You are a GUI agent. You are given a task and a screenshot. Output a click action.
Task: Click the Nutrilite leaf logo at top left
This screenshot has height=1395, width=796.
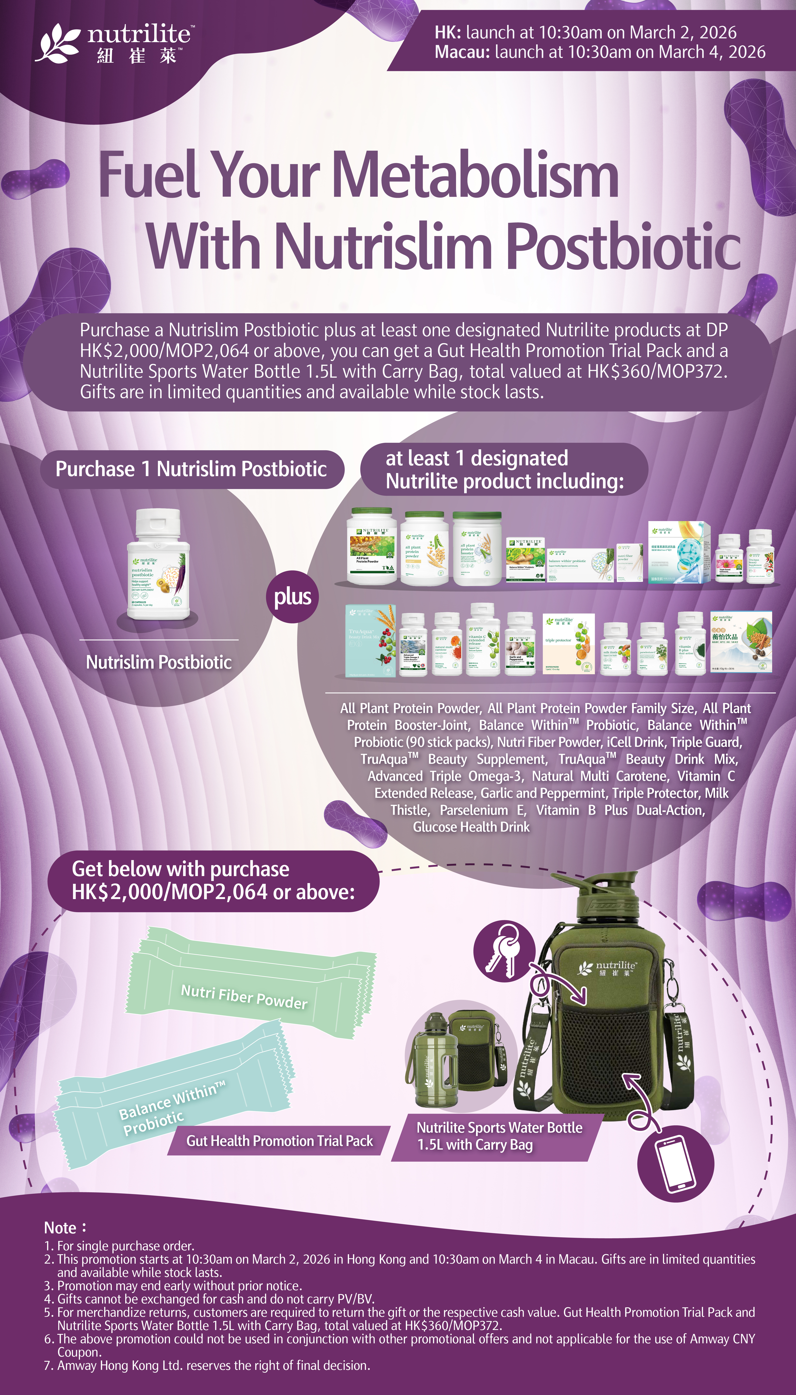coord(57,43)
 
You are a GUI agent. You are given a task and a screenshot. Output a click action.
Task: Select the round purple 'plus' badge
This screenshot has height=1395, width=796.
coord(293,596)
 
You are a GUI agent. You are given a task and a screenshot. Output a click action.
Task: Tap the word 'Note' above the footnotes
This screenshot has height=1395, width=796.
coord(60,1228)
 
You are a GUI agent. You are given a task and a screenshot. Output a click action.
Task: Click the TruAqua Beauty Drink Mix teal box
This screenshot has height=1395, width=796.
coord(370,640)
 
